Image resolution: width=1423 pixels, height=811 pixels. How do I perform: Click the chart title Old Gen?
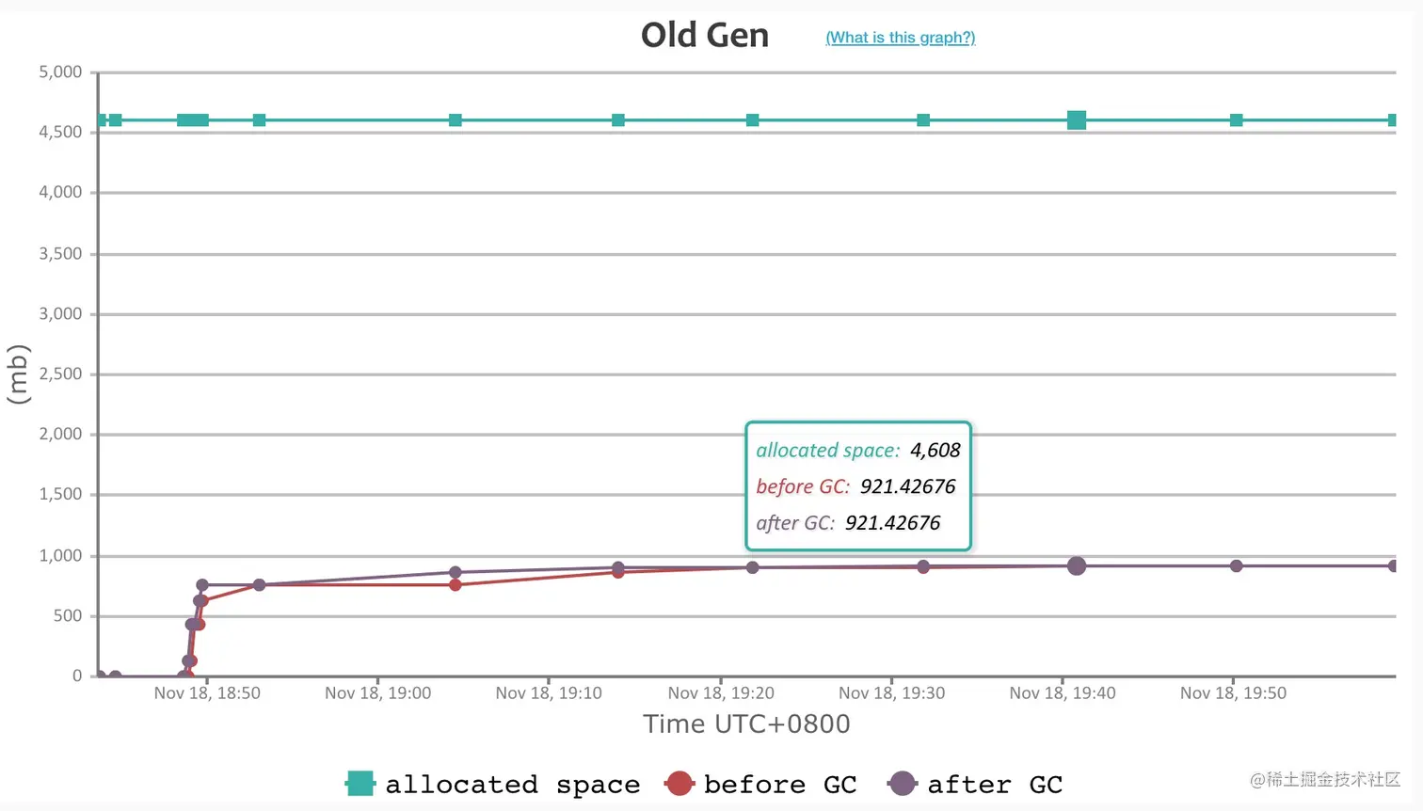(x=704, y=36)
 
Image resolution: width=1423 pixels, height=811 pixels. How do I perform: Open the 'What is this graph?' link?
(x=900, y=38)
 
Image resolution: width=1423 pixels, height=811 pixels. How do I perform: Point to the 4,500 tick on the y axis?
(x=60, y=133)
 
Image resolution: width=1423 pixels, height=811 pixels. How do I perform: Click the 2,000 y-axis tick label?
(x=60, y=434)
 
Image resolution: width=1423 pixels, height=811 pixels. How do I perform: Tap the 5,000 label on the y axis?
(x=60, y=72)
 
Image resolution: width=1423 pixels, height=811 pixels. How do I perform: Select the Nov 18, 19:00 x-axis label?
(x=377, y=693)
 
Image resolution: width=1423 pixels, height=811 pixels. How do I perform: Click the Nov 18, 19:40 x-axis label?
(x=1062, y=693)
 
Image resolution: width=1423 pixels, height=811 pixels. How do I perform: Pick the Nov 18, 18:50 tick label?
(x=207, y=693)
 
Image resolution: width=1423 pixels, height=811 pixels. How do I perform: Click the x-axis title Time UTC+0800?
(x=746, y=724)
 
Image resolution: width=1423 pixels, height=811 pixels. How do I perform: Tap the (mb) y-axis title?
(x=18, y=374)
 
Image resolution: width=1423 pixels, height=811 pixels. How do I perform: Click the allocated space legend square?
(x=360, y=783)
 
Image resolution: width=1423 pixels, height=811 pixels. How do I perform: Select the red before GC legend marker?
(x=679, y=783)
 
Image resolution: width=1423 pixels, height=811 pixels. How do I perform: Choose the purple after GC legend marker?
(x=902, y=783)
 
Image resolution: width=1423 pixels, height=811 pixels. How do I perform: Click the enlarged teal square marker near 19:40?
(x=1077, y=119)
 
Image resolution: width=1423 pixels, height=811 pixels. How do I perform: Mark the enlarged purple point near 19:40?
(x=1077, y=565)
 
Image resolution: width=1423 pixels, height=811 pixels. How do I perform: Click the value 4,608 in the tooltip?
(x=935, y=451)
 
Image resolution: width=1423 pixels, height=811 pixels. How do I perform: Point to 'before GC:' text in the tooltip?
(x=802, y=486)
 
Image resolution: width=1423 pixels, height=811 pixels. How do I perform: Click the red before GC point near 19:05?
(x=456, y=585)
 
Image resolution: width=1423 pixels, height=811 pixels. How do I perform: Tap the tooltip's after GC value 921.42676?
(x=892, y=523)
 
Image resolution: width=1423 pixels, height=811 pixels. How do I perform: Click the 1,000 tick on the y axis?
(x=60, y=556)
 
